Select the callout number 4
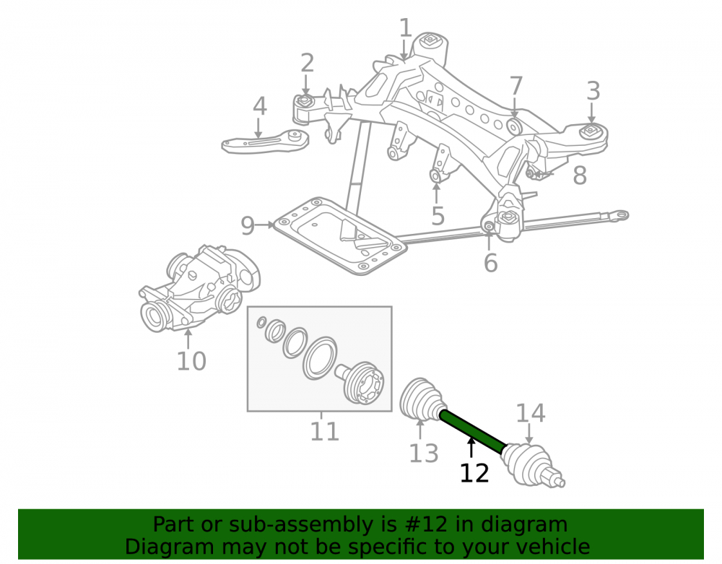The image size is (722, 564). point(260,106)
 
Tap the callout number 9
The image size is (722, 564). point(248,225)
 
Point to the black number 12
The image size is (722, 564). point(474,473)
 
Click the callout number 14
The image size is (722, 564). point(531,413)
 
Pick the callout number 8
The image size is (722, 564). point(580,175)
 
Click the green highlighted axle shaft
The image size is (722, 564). point(473,431)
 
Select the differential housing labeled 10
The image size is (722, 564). point(199,289)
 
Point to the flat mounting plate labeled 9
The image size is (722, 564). point(340,235)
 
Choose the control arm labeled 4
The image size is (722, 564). point(266,142)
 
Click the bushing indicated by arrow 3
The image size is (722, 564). point(591,132)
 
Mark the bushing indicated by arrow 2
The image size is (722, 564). point(305,101)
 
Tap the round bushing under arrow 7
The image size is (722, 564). point(514,126)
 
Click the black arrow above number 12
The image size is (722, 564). point(471,448)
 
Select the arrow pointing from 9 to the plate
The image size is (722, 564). point(265,225)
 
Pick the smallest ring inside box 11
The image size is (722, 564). point(261,322)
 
